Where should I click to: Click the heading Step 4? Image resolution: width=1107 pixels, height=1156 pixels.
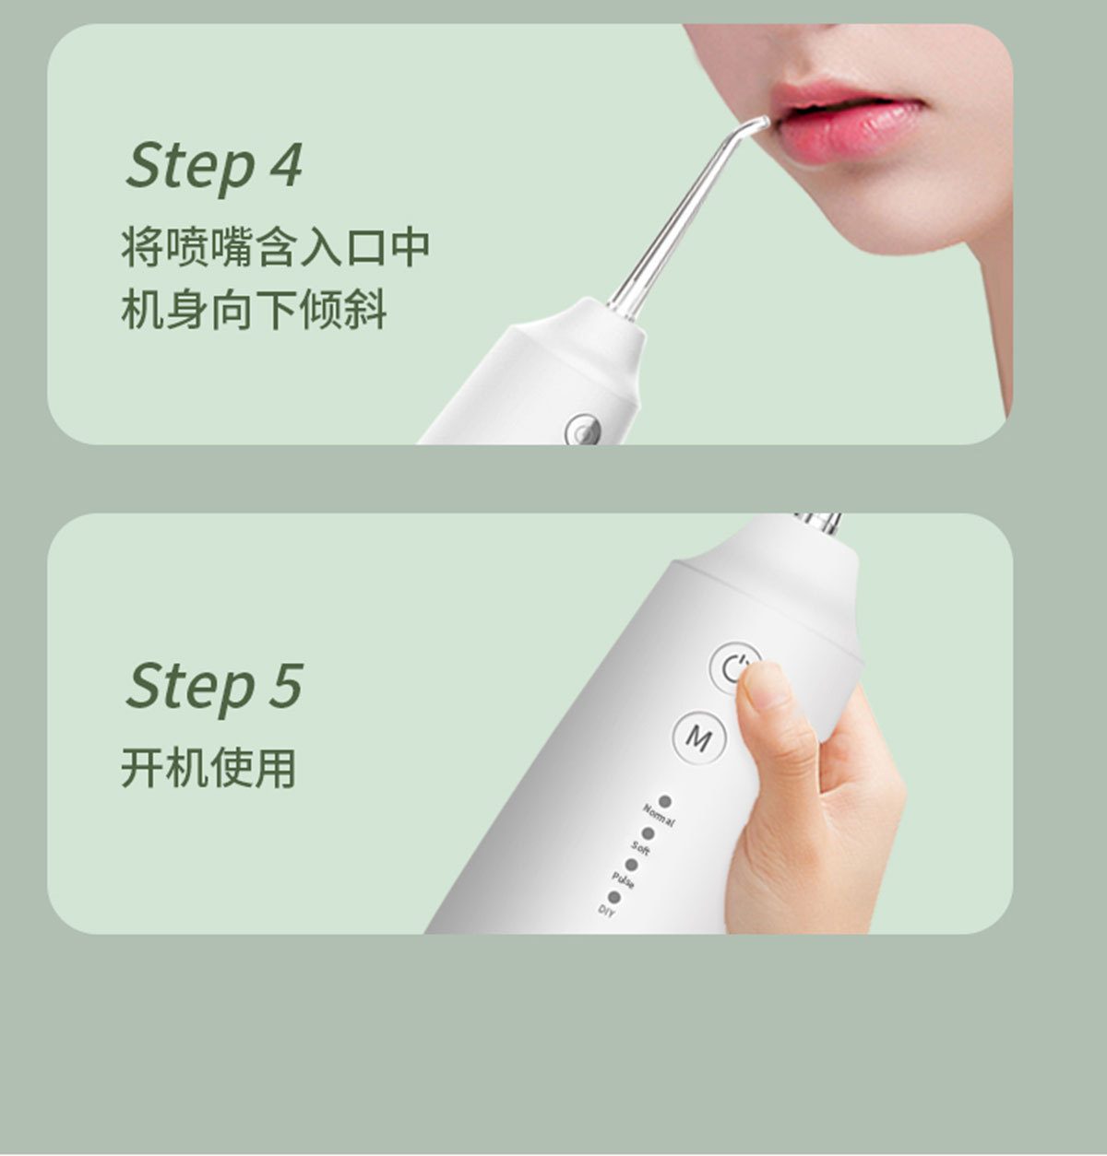point(214,167)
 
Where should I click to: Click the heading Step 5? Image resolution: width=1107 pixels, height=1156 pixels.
point(214,687)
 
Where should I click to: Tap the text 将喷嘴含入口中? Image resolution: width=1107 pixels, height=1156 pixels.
point(276,247)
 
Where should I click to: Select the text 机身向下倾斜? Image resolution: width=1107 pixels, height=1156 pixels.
point(254,310)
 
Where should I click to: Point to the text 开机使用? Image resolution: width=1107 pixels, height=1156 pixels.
point(208,768)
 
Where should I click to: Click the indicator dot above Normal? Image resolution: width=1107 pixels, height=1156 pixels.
point(664,803)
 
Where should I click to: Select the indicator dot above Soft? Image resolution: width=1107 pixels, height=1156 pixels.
point(648,833)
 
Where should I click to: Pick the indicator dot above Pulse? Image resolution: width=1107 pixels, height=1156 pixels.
point(631,865)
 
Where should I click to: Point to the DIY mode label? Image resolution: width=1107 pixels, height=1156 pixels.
point(606,911)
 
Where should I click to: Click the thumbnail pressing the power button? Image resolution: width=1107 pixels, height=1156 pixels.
point(758,688)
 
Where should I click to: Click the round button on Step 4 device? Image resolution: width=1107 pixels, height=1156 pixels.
point(580,429)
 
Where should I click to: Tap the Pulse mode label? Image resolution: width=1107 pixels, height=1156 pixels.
point(624,879)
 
